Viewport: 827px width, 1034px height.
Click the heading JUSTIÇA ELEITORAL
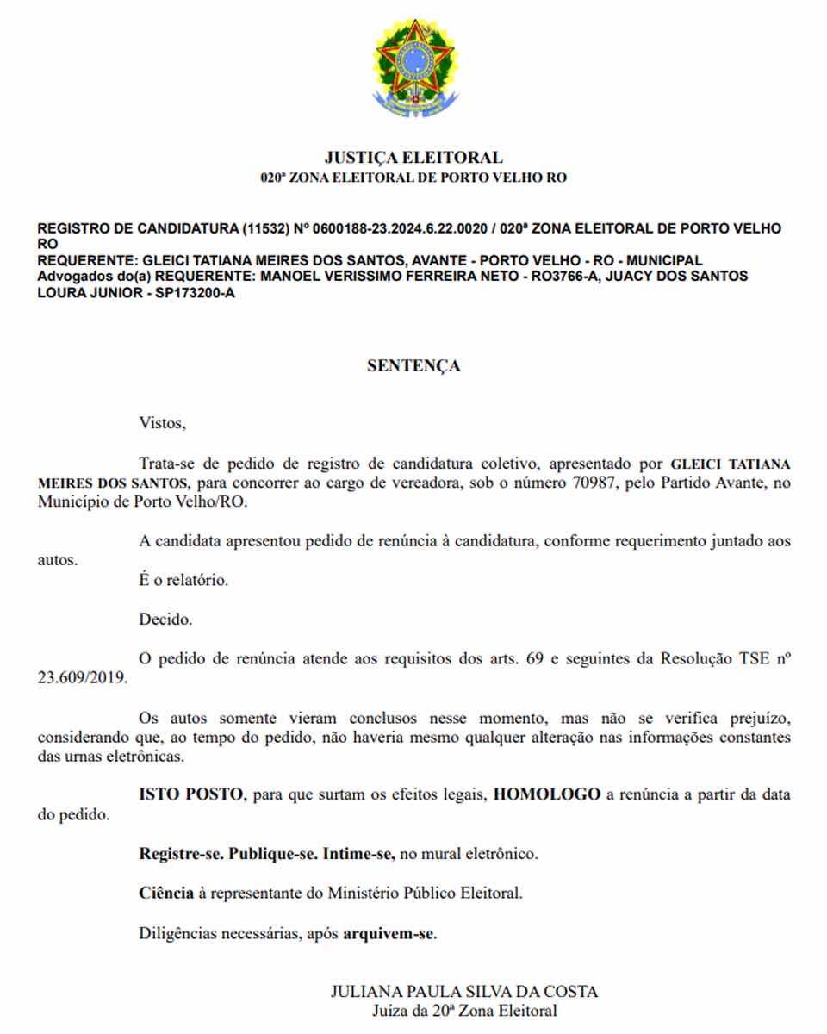413,158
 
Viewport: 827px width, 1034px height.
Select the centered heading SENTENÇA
413,365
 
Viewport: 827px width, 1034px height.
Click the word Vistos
162,423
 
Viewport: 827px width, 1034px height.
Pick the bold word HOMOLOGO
546,794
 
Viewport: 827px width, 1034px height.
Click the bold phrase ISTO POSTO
190,794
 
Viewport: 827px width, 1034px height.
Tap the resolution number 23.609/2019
83,677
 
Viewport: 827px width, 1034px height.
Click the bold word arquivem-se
389,933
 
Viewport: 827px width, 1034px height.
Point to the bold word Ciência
166,893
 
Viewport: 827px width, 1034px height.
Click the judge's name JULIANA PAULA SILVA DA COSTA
464,991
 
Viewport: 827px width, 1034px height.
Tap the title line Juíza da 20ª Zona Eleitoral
464,1011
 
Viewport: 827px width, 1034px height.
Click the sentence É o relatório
184,580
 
